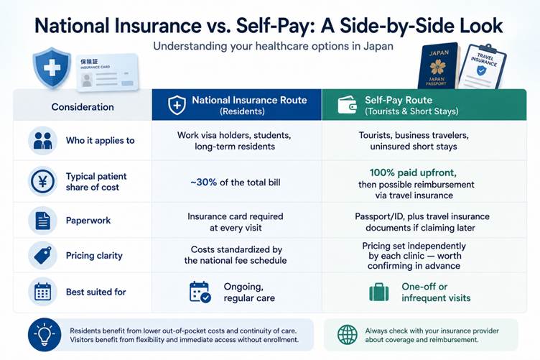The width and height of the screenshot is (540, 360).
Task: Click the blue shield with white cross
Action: pyautogui.click(x=52, y=67)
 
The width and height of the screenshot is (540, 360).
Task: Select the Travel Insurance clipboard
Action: pyautogui.click(x=482, y=67)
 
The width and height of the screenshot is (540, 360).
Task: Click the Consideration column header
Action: pyautogui.click(x=83, y=107)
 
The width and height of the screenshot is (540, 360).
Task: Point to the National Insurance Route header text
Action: pyautogui.click(x=249, y=100)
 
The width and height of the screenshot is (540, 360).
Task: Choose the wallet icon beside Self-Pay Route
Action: pyautogui.click(x=347, y=105)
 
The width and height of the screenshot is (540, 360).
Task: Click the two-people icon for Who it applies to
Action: pyautogui.click(x=42, y=141)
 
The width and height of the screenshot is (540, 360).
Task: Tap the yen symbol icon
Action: pyautogui.click(x=42, y=181)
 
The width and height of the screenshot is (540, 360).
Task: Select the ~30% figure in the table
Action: pyautogui.click(x=203, y=183)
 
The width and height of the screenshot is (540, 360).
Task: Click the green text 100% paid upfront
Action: pyautogui.click(x=413, y=172)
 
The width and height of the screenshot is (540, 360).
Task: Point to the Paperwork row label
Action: pyautogui.click(x=88, y=221)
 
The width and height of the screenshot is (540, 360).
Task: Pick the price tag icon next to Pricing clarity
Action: pyautogui.click(x=42, y=255)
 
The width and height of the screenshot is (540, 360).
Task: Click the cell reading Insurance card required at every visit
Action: pyautogui.click(x=236, y=222)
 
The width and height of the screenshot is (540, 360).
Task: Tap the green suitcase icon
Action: pyautogui.click(x=379, y=292)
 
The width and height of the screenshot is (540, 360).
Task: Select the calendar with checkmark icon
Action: pyautogui.click(x=200, y=292)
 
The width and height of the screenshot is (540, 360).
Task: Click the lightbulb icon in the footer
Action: pyautogui.click(x=45, y=335)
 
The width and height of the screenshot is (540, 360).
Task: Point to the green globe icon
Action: pyautogui.click(x=347, y=335)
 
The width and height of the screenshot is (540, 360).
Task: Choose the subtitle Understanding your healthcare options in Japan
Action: pyautogui.click(x=273, y=46)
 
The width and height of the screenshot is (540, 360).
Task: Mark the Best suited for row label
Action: pyautogui.click(x=96, y=292)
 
